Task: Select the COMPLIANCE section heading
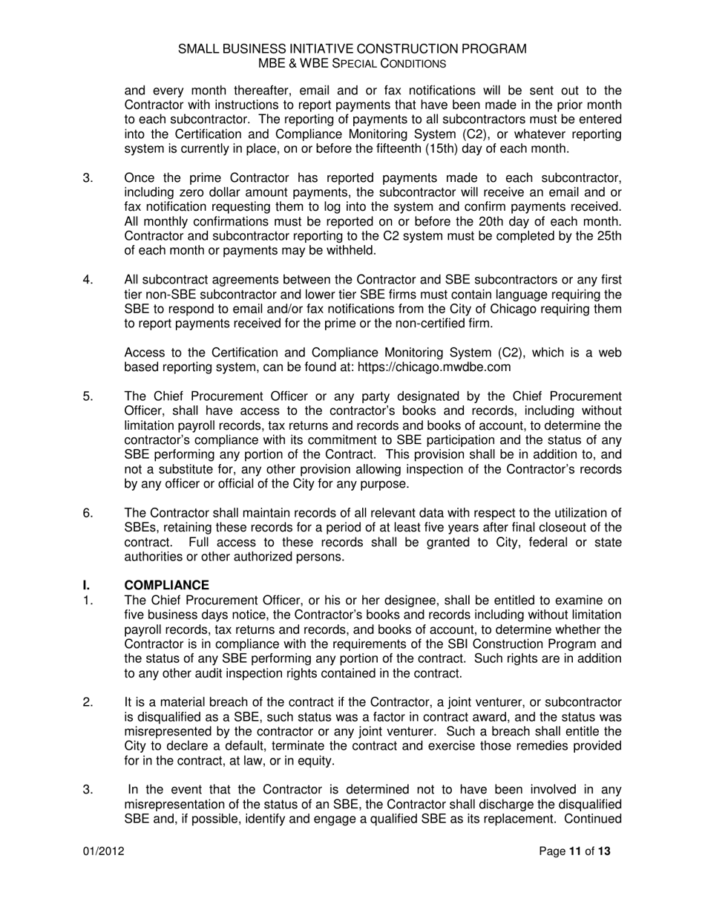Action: (x=167, y=586)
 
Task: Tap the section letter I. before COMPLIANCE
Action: (x=87, y=586)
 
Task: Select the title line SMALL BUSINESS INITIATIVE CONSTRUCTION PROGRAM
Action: (x=352, y=49)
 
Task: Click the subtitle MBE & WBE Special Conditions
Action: (x=352, y=64)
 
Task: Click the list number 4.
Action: (x=88, y=280)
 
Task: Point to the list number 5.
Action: (x=88, y=396)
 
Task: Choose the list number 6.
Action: (x=88, y=513)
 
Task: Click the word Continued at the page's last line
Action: (x=593, y=819)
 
